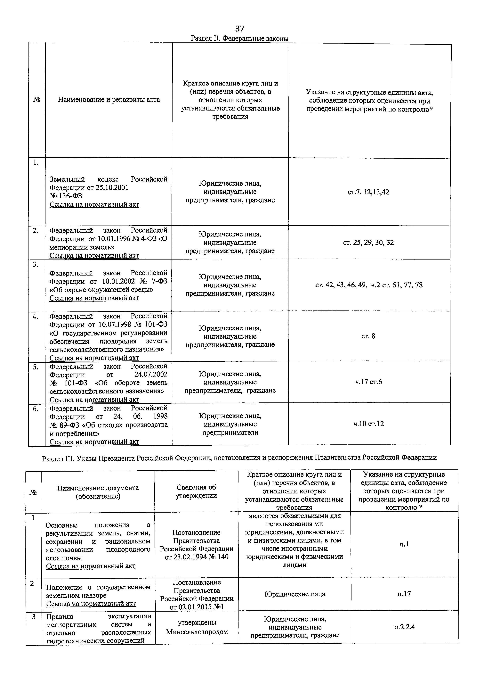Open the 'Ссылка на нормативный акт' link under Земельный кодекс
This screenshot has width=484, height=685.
(x=94, y=204)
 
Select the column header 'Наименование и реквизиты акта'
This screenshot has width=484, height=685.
(x=109, y=100)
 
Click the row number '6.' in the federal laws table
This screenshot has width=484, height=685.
(x=36, y=409)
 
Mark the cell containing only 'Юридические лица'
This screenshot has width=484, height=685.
(x=295, y=594)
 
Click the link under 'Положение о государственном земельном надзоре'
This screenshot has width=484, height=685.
(x=91, y=604)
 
